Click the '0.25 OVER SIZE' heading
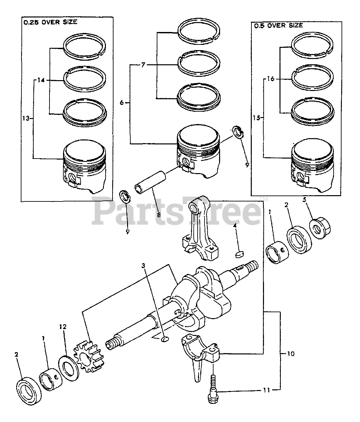click(50, 22)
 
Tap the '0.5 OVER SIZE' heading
click(278, 25)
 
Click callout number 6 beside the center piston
click(122, 103)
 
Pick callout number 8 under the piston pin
click(158, 215)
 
